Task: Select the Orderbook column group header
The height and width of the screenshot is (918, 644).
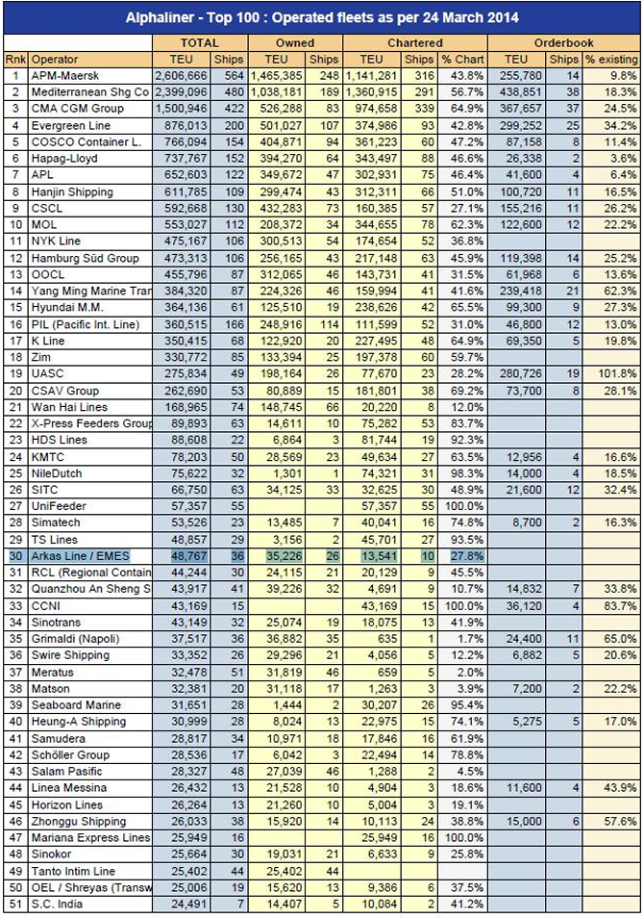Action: (x=565, y=42)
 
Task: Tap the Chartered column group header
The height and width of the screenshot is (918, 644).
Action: (x=415, y=42)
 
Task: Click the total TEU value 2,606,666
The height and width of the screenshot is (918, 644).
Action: (x=180, y=75)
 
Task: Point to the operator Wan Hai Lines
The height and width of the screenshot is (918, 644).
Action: (x=69, y=407)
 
